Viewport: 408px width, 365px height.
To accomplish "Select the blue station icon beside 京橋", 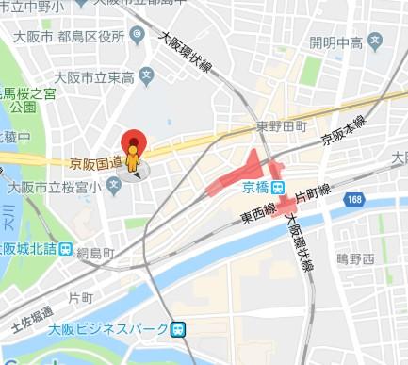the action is pos(280,186).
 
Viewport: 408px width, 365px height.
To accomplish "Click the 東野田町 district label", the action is pos(282,125).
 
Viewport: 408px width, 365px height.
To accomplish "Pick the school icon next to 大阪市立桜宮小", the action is pos(114,185).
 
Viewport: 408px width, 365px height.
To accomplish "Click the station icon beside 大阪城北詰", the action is pos(64,249).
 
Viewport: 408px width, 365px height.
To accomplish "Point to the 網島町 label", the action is pos(95,254).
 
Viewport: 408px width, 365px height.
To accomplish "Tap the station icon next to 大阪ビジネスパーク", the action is pos(178,329).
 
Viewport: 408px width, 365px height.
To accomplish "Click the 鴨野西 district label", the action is pos(355,257).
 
